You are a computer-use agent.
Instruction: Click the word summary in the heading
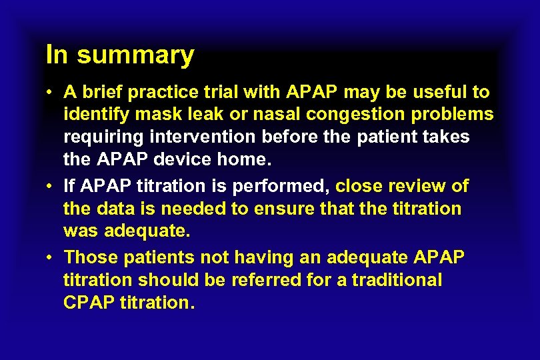[135, 55]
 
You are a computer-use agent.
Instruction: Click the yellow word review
[415, 185]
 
